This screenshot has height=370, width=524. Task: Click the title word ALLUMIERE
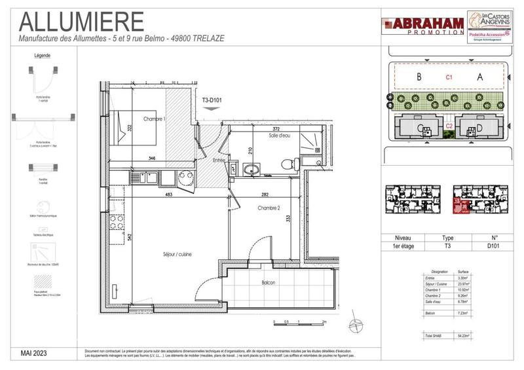point(81,21)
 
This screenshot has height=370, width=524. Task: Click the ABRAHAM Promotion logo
point(422,26)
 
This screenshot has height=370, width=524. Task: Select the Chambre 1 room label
point(155,119)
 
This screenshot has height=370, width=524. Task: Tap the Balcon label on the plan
point(269,283)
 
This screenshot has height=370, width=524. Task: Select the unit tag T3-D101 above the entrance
point(212,100)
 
